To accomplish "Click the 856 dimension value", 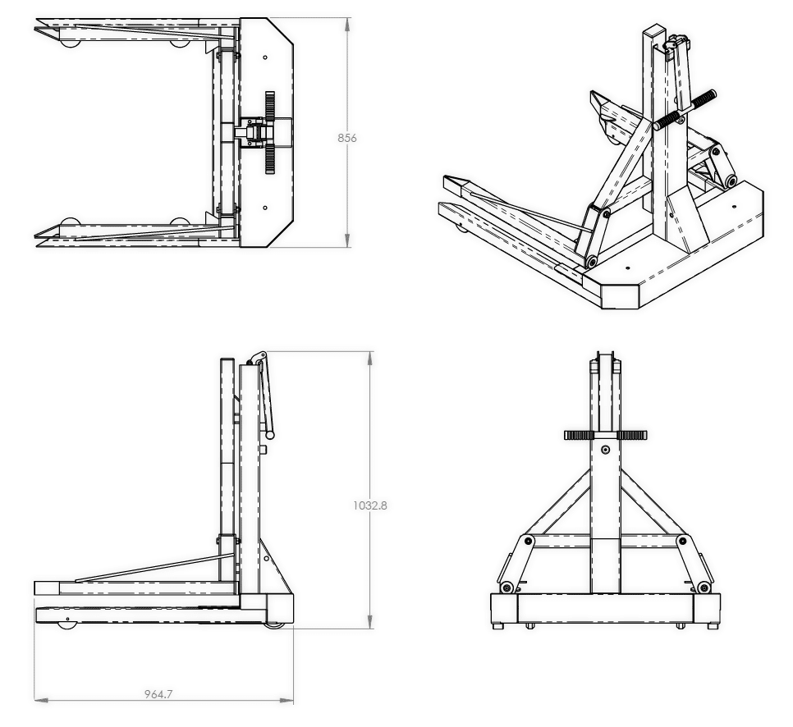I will click(347, 138).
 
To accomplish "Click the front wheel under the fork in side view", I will click(66, 625).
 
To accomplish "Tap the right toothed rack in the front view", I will click(632, 435).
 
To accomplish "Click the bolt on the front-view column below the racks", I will click(605, 450).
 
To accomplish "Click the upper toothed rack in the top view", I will click(269, 107).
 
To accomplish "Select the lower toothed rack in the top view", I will click(269, 159).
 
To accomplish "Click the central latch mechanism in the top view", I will click(256, 132).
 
